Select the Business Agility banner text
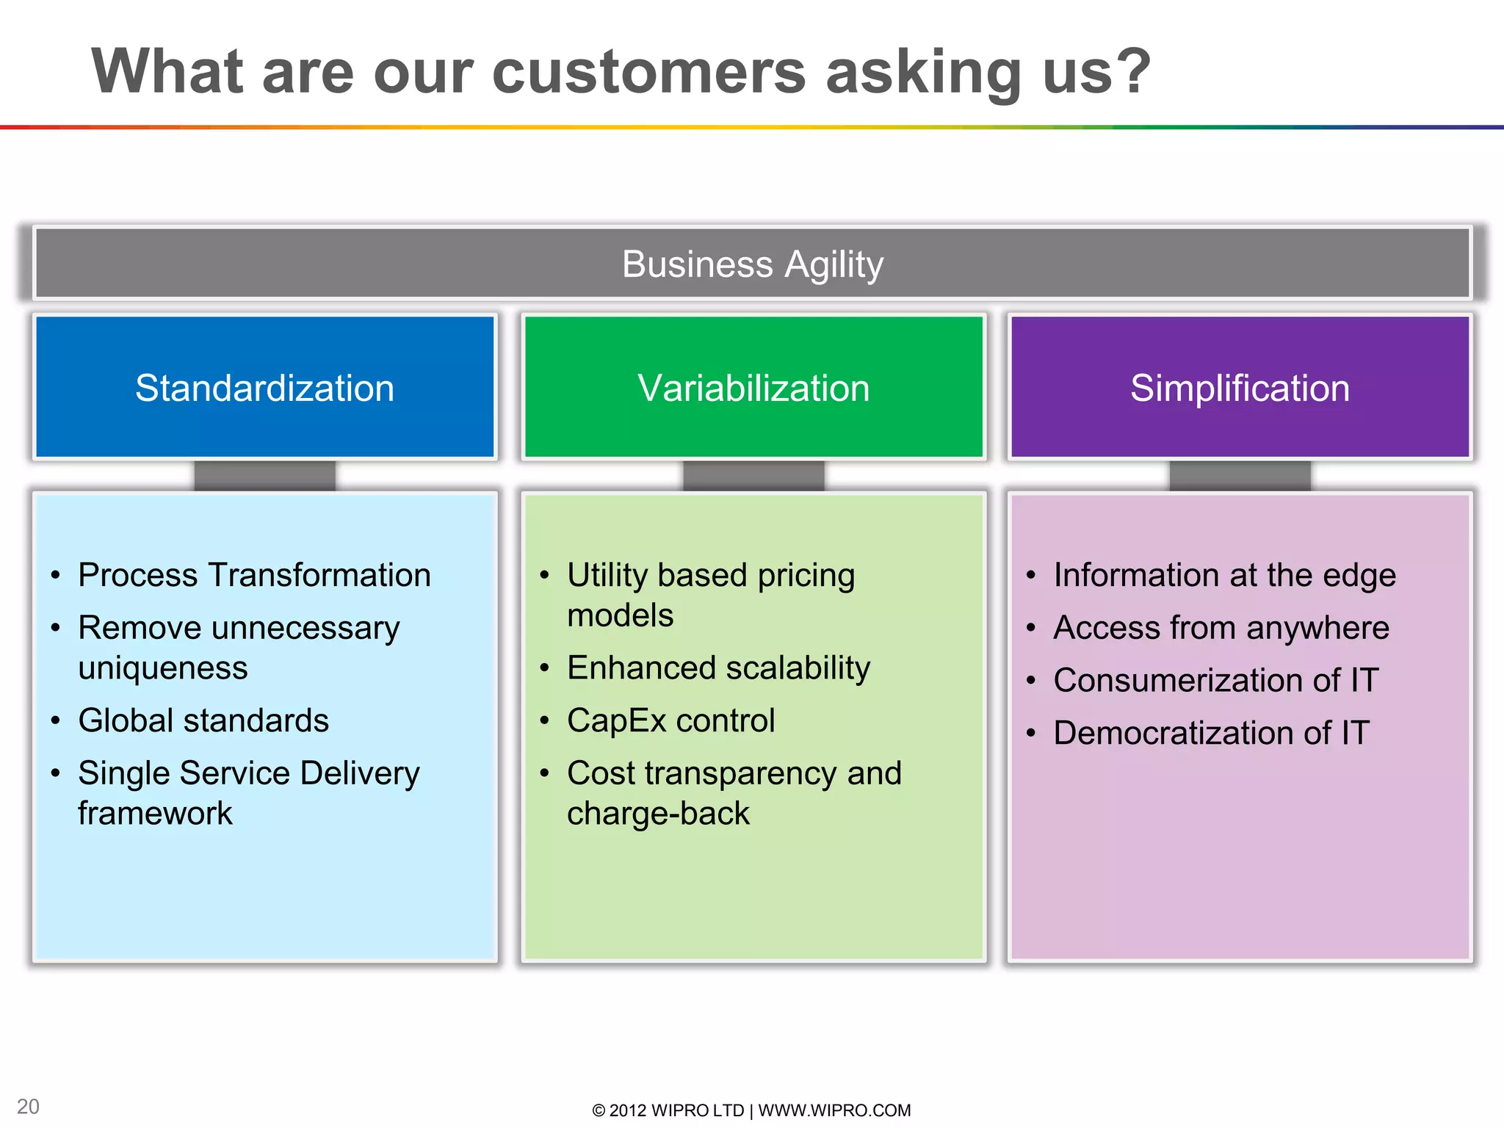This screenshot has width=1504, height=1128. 752,264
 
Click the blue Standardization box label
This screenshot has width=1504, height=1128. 264,388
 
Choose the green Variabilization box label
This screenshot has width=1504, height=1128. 753,388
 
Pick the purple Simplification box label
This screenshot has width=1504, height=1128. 1240,388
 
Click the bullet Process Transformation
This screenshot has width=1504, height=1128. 254,575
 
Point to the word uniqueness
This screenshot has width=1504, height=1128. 163,668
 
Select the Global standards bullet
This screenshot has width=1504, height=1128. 203,720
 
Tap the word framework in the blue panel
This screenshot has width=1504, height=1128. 155,814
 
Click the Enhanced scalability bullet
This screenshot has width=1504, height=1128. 718,668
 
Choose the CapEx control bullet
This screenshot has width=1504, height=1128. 670,720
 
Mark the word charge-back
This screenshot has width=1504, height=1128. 658,814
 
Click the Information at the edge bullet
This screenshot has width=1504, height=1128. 1224,575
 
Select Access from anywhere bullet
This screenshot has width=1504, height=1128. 1221,628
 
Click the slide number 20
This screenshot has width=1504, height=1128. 28,1107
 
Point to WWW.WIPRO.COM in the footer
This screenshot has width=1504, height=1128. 834,1110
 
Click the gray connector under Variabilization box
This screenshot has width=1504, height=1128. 753,476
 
